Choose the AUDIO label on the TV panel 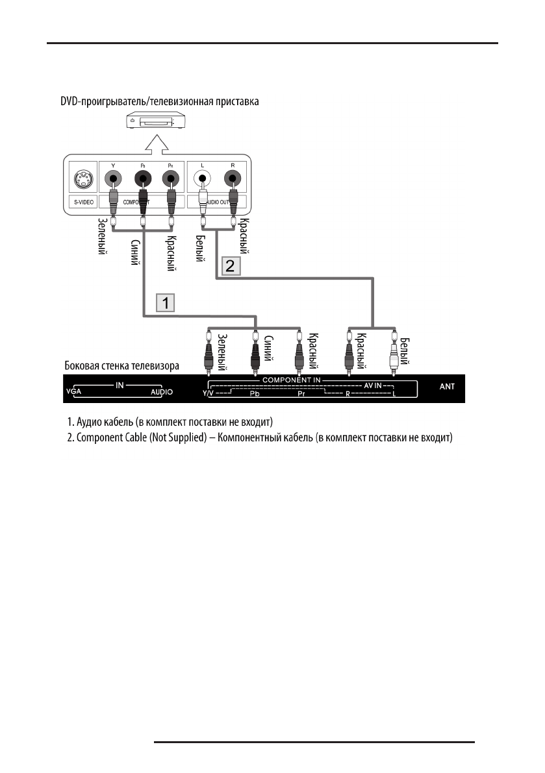[x=162, y=393]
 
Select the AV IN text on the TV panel [x=376, y=386]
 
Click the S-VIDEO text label [x=81, y=202]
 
